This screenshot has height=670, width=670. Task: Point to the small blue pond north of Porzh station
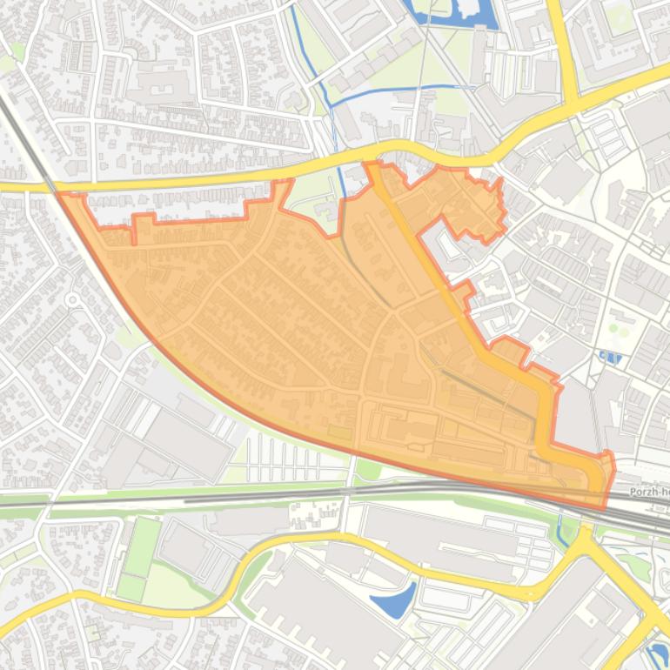coord(610,356)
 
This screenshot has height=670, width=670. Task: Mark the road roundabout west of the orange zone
coord(72,300)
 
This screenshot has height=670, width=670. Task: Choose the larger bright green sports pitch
coord(141,546)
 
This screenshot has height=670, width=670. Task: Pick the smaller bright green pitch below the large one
coord(131,587)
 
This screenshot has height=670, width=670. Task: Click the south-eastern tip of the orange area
coord(606,506)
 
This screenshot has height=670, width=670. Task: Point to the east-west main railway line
coord(261,497)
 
